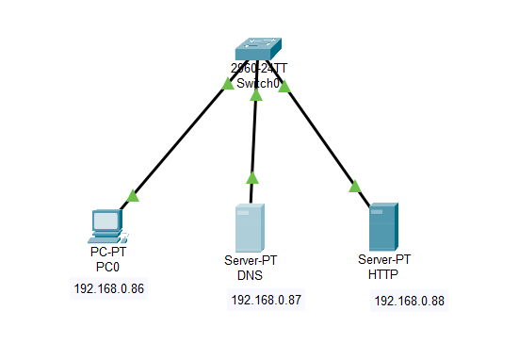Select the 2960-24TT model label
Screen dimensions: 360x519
[x=259, y=69]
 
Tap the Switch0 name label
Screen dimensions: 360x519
[x=259, y=84]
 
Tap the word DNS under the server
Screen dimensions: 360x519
[x=250, y=276]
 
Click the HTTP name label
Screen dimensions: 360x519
[x=384, y=274]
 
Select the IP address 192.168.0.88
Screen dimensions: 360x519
[x=410, y=301]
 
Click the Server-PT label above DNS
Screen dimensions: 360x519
[x=250, y=261]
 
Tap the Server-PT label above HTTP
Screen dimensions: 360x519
[x=384, y=259]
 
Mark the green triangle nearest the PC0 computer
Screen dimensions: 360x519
[x=133, y=195]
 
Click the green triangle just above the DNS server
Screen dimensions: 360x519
[x=251, y=177]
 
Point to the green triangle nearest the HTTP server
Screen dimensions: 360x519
[x=355, y=186]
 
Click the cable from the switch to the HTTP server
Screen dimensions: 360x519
[x=320, y=136]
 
